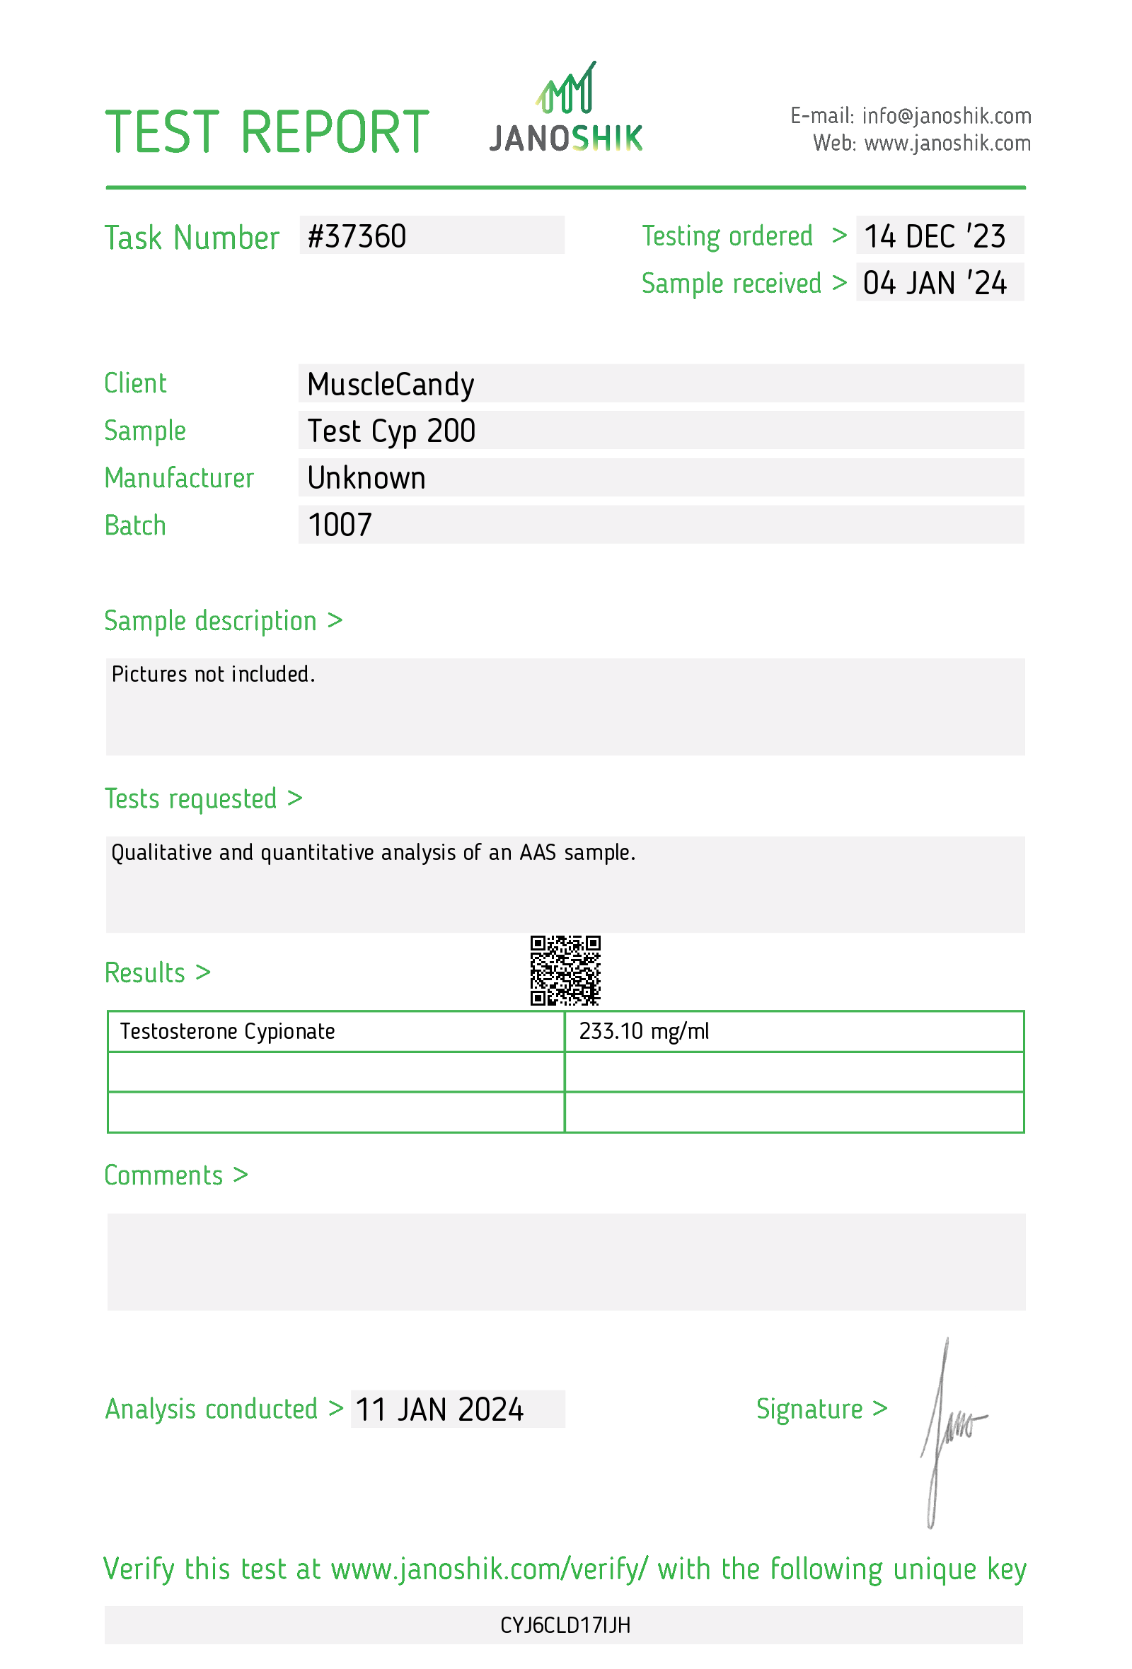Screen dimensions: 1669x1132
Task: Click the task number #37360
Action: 357,236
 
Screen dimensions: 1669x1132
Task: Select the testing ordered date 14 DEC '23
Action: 934,236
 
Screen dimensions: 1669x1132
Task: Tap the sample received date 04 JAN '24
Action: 934,283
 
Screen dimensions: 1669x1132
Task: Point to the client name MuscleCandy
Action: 390,384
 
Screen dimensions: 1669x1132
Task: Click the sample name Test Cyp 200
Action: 391,431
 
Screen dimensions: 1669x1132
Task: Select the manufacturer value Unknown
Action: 366,478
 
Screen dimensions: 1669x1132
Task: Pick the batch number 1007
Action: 340,525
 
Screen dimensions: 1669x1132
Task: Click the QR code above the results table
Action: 565,970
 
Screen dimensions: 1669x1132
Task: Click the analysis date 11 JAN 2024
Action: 439,1409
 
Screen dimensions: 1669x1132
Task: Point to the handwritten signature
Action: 948,1429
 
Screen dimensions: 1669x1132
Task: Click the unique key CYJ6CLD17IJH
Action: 565,1625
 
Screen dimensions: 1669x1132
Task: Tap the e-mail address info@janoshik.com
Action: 946,115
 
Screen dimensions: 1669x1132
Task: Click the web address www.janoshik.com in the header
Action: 947,144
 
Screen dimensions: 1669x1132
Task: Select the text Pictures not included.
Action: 214,675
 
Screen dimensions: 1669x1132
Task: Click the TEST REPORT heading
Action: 267,132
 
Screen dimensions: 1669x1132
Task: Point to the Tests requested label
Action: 190,798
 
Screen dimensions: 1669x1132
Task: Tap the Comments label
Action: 163,1175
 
